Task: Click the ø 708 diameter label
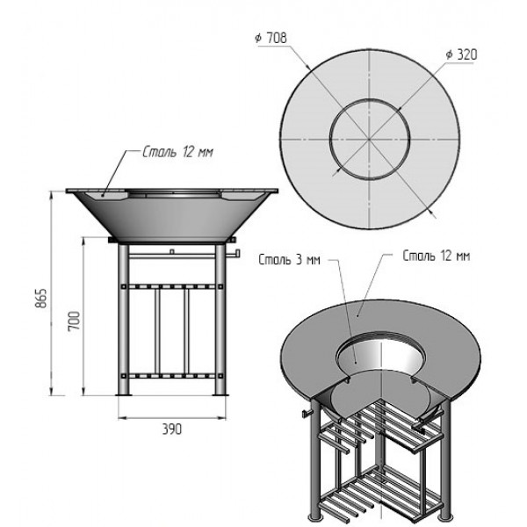[x=271, y=38]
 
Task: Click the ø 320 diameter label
[x=461, y=54]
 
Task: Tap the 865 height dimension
[x=41, y=298]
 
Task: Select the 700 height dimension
[x=74, y=321]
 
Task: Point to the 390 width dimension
[x=172, y=430]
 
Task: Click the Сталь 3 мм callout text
[x=289, y=259]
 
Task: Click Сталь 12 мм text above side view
[x=177, y=152]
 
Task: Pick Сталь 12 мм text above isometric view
[x=436, y=256]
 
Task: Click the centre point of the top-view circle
[x=369, y=139]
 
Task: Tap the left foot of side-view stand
[x=123, y=394]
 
